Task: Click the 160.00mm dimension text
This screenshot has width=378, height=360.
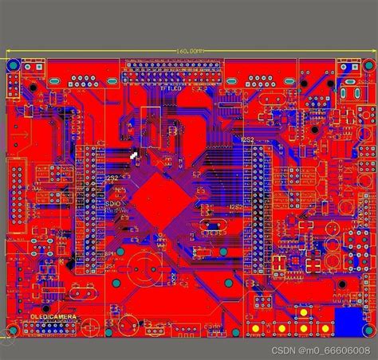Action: click(x=189, y=50)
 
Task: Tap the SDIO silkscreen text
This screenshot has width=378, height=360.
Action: click(x=113, y=204)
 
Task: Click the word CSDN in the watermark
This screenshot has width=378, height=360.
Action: click(x=285, y=350)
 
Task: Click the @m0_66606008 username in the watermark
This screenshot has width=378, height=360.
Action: click(x=335, y=350)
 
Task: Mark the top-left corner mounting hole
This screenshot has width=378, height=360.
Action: click(x=14, y=80)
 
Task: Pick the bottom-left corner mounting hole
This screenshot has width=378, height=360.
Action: click(x=14, y=330)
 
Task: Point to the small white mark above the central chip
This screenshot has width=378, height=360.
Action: click(x=134, y=155)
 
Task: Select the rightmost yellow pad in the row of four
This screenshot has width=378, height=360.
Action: click(x=325, y=329)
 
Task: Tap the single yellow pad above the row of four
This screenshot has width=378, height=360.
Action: click(x=304, y=312)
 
